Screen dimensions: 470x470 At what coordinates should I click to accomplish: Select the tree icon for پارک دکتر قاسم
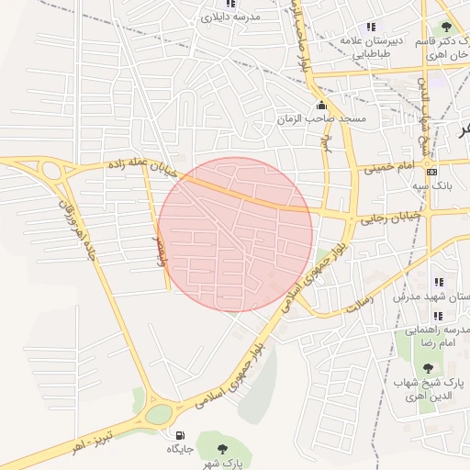pos(446,28)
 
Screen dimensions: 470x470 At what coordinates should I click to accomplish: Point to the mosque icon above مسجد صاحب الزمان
pos(320,105)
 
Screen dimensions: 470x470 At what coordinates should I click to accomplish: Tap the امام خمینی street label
pos(390,168)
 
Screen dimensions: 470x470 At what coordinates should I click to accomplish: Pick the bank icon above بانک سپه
pos(432,172)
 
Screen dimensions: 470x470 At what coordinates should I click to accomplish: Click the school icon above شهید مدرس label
pos(438,282)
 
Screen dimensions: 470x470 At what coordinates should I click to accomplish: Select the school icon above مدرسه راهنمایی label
pos(438,315)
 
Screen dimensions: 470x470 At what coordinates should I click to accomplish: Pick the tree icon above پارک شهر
pos(223,449)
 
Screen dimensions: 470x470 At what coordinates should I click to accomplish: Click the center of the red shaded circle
pos(236,234)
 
